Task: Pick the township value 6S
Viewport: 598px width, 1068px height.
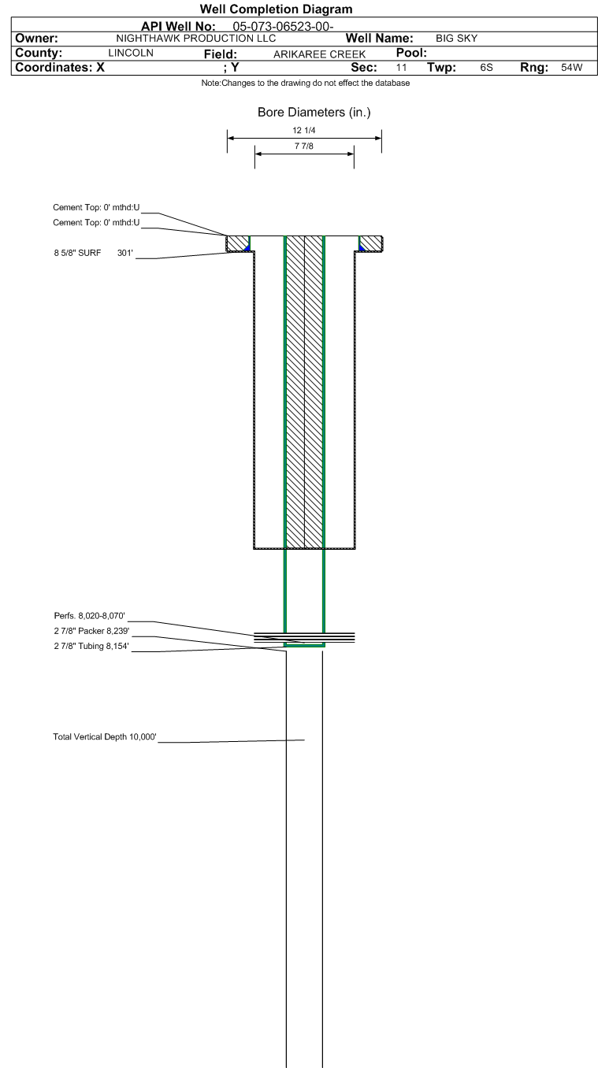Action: [486, 68]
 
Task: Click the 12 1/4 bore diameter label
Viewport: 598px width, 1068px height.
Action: [304, 130]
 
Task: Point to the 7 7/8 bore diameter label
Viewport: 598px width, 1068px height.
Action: [304, 146]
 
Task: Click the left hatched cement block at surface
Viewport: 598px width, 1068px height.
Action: [236, 243]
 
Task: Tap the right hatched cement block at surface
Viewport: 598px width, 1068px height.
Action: [371, 243]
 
